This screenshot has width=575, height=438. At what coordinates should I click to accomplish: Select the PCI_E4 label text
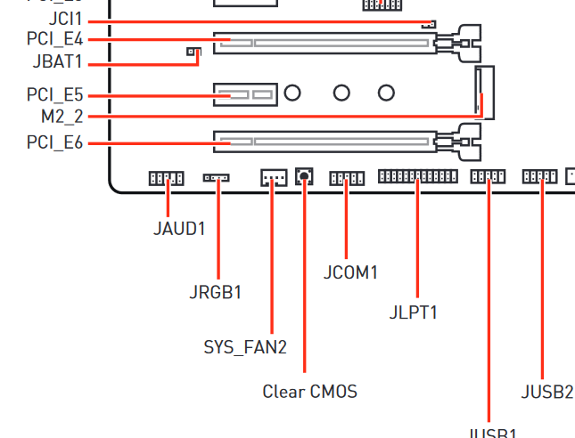pyautogui.click(x=54, y=40)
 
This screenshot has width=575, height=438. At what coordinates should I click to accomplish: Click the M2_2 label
pyautogui.click(x=62, y=117)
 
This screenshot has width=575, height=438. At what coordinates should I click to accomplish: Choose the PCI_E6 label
pyautogui.click(x=54, y=142)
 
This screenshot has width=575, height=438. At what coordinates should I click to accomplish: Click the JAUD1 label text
pyautogui.click(x=178, y=229)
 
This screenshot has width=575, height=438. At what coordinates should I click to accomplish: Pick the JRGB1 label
pyautogui.click(x=215, y=291)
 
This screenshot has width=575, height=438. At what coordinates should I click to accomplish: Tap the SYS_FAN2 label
pyautogui.click(x=245, y=347)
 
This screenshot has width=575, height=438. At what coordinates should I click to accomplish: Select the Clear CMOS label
pyautogui.click(x=309, y=391)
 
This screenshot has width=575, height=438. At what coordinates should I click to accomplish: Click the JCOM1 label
pyautogui.click(x=350, y=272)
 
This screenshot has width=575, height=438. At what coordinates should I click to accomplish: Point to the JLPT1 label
pyautogui.click(x=414, y=312)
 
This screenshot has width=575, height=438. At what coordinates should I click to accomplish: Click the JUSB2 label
pyautogui.click(x=546, y=391)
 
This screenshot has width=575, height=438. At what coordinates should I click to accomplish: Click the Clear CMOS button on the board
pyautogui.click(x=304, y=176)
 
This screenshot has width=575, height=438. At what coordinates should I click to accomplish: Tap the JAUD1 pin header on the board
pyautogui.click(x=166, y=178)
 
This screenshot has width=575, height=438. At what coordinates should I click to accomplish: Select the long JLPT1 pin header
pyautogui.click(x=417, y=176)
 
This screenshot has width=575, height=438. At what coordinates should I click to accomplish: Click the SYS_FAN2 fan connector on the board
pyautogui.click(x=273, y=178)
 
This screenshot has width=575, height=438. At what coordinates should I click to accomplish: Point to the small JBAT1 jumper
pyautogui.click(x=192, y=53)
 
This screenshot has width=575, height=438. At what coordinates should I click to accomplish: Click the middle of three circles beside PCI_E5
pyautogui.click(x=341, y=92)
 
